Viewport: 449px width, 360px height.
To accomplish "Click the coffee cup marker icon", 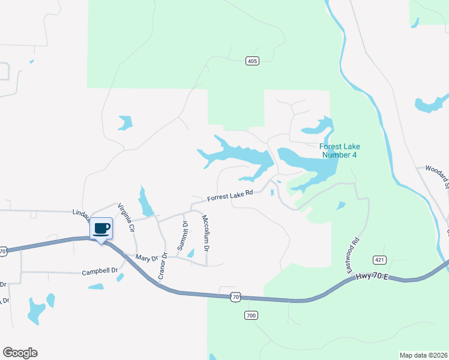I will pos(101,229).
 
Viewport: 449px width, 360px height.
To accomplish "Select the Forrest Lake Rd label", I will pos(231,195).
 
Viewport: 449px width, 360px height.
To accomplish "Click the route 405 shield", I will pos(252,61).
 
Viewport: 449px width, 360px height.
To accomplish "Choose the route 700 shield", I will pos(252,315).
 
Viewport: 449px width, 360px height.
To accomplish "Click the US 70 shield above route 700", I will pos(237,296).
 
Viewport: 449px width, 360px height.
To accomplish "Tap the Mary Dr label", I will pos(146,258).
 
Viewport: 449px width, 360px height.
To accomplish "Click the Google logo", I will pos(20,353).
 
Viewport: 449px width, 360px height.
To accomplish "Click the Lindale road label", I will pos(81,213).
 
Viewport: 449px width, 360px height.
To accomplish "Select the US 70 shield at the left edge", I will pos(3,251).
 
